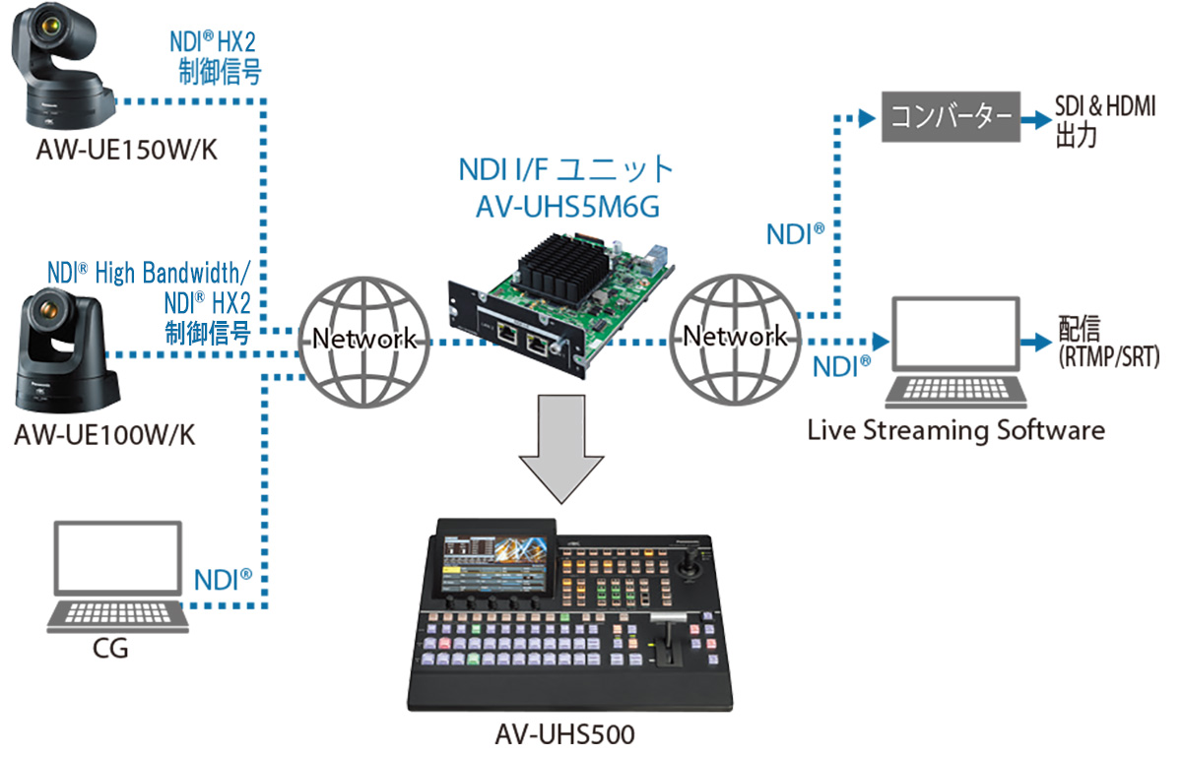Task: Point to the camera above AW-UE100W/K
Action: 64,349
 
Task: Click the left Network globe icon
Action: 364,340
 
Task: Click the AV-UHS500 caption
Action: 565,733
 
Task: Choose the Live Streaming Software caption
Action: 955,430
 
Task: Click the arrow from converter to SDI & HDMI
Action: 1034,118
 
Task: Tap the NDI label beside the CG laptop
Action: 223,580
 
